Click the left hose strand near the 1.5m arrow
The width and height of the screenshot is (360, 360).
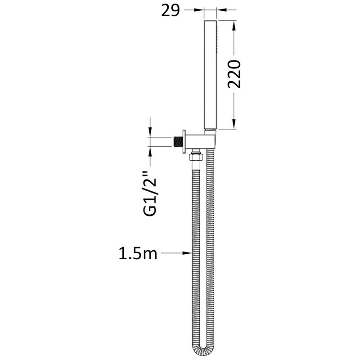tap(193, 254)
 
